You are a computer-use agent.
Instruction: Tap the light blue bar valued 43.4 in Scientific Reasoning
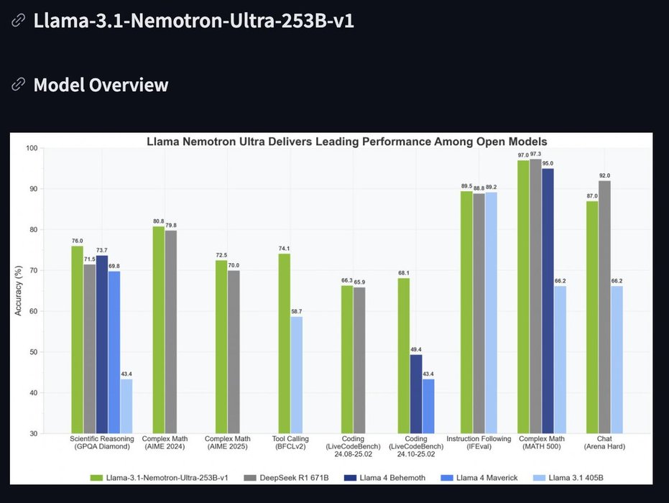(126, 406)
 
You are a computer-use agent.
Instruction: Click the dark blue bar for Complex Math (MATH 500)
(548, 301)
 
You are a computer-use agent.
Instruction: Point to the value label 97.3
(535, 154)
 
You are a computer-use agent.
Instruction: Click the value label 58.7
(297, 311)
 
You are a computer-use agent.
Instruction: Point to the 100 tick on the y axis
(31, 148)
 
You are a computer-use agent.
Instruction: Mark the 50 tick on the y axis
(33, 352)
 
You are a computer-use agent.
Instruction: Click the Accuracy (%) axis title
(19, 290)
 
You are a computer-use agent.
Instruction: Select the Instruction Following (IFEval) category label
(479, 442)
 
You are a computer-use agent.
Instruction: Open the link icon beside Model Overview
(18, 85)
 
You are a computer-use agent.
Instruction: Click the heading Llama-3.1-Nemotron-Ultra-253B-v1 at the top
(193, 20)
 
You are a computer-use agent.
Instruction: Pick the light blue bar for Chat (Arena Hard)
(617, 359)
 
